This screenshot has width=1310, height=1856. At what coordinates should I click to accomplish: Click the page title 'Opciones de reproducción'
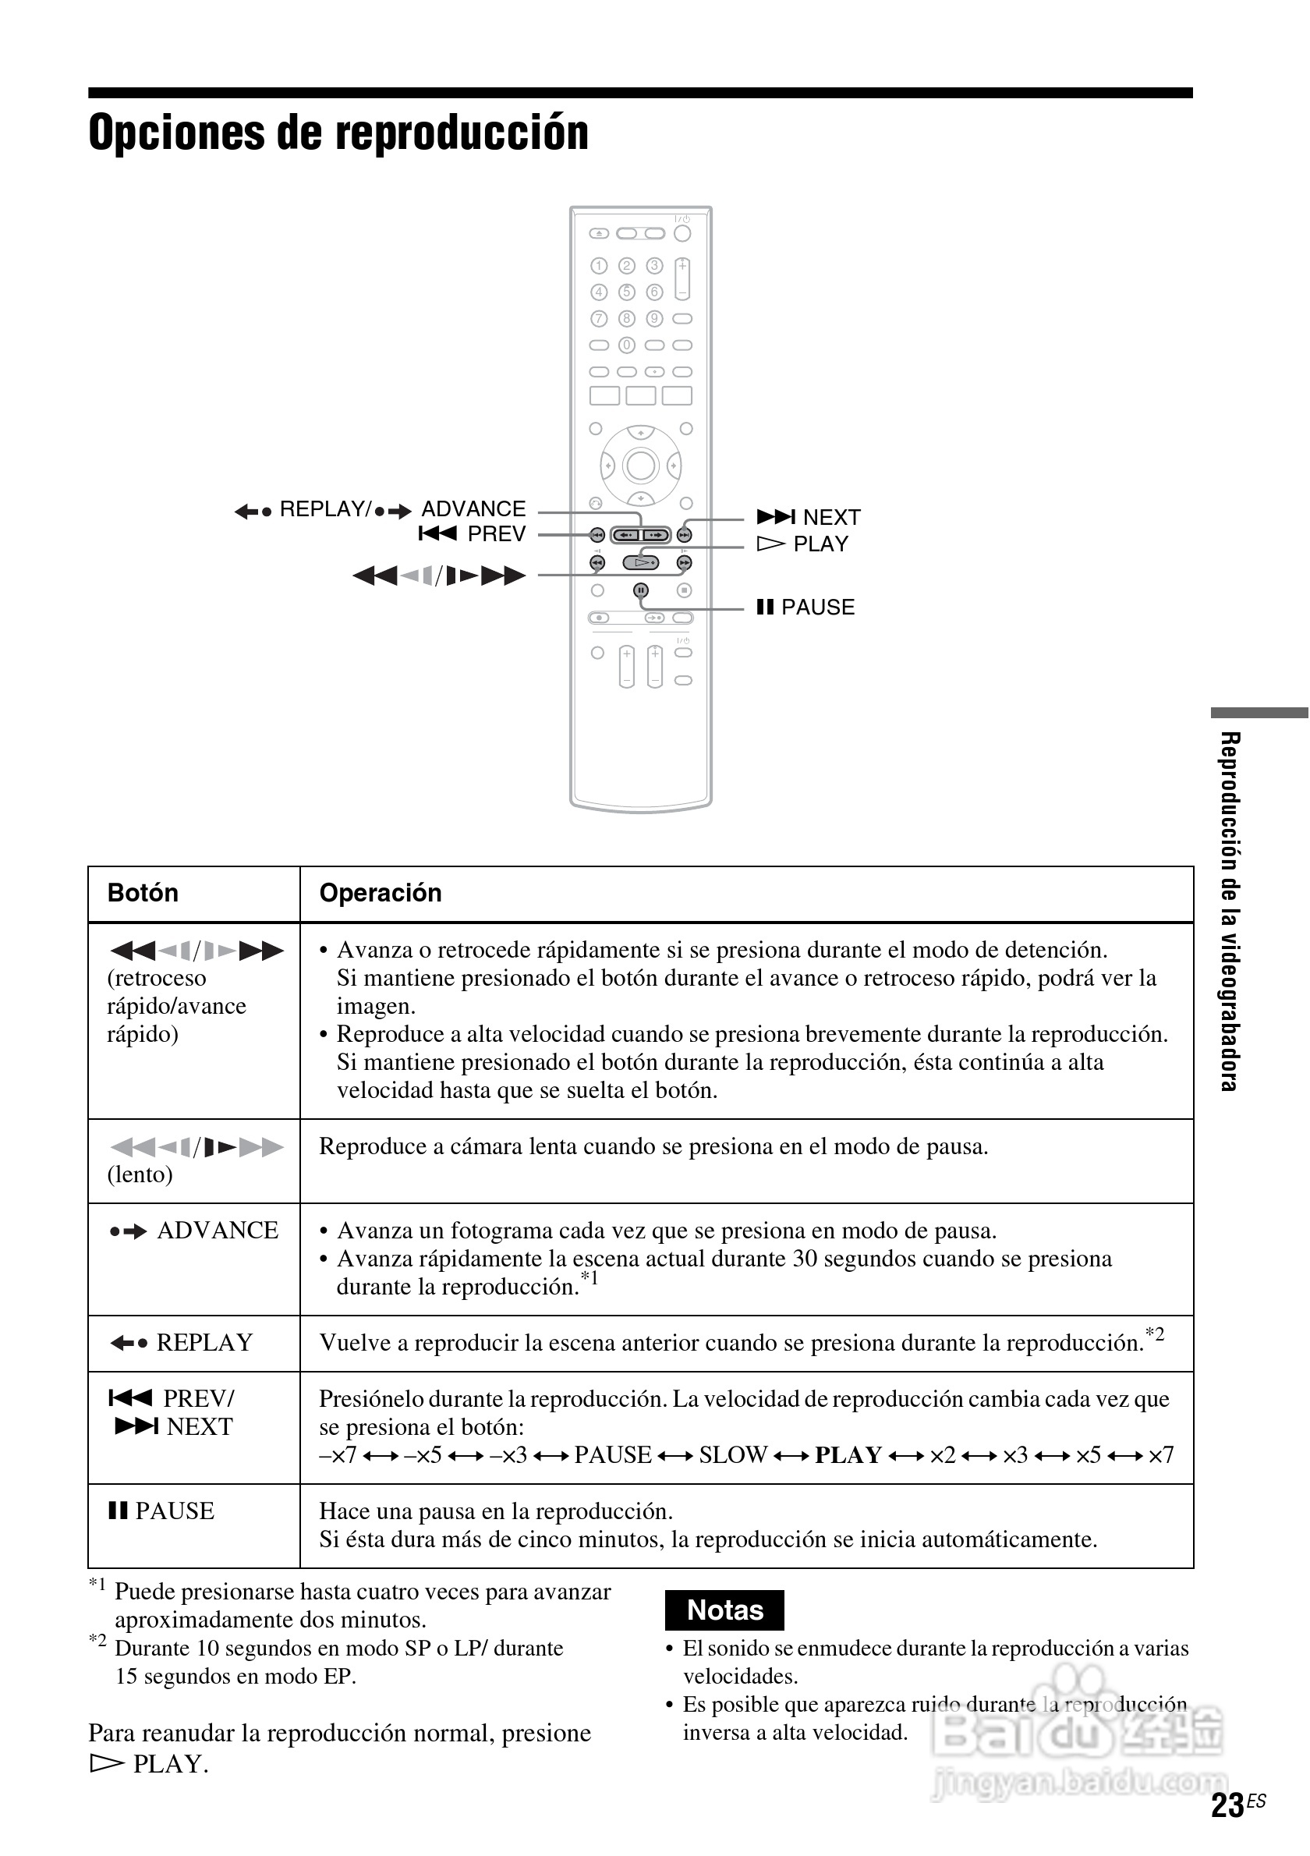click(338, 133)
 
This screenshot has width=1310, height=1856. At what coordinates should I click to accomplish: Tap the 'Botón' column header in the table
click(143, 893)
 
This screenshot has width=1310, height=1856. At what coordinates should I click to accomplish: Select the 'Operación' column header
click(380, 893)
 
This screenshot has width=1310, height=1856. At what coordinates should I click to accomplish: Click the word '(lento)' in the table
click(140, 1174)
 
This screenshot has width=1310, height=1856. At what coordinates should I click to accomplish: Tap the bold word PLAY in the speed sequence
click(848, 1455)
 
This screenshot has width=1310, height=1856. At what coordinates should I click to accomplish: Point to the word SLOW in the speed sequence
click(732, 1455)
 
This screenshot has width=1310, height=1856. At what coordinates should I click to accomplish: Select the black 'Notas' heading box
click(724, 1610)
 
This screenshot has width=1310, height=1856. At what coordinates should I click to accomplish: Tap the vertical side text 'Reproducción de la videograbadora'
click(1229, 911)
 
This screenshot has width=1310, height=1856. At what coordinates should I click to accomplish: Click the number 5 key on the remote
click(627, 292)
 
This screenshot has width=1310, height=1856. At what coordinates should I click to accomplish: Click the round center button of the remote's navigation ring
click(641, 466)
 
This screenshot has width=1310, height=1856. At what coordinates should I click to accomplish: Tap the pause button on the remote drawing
click(641, 591)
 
